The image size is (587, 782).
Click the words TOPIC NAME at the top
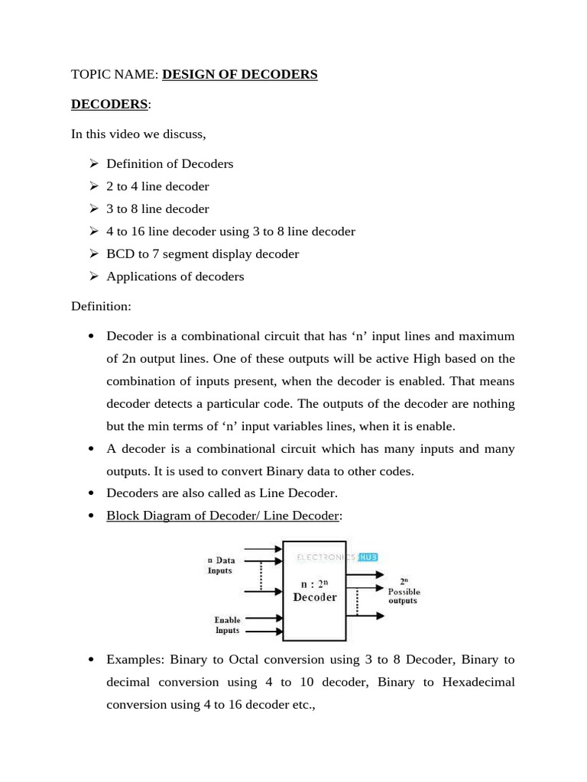(115, 74)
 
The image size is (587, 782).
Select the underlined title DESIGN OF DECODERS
(239, 74)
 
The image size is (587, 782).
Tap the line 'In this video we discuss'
(138, 134)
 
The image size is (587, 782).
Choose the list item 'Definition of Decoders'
(170, 163)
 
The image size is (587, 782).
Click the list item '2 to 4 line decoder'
(157, 186)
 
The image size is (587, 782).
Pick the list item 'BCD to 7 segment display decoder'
(203, 254)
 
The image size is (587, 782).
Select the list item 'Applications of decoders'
(175, 276)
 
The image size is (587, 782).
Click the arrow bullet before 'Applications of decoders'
(93, 276)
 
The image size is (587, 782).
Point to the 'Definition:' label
(101, 306)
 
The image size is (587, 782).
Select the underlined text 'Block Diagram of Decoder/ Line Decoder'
(222, 515)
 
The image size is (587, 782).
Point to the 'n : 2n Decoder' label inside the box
(315, 591)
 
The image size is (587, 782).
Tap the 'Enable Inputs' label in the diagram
(227, 625)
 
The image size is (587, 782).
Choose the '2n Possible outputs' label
(403, 591)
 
